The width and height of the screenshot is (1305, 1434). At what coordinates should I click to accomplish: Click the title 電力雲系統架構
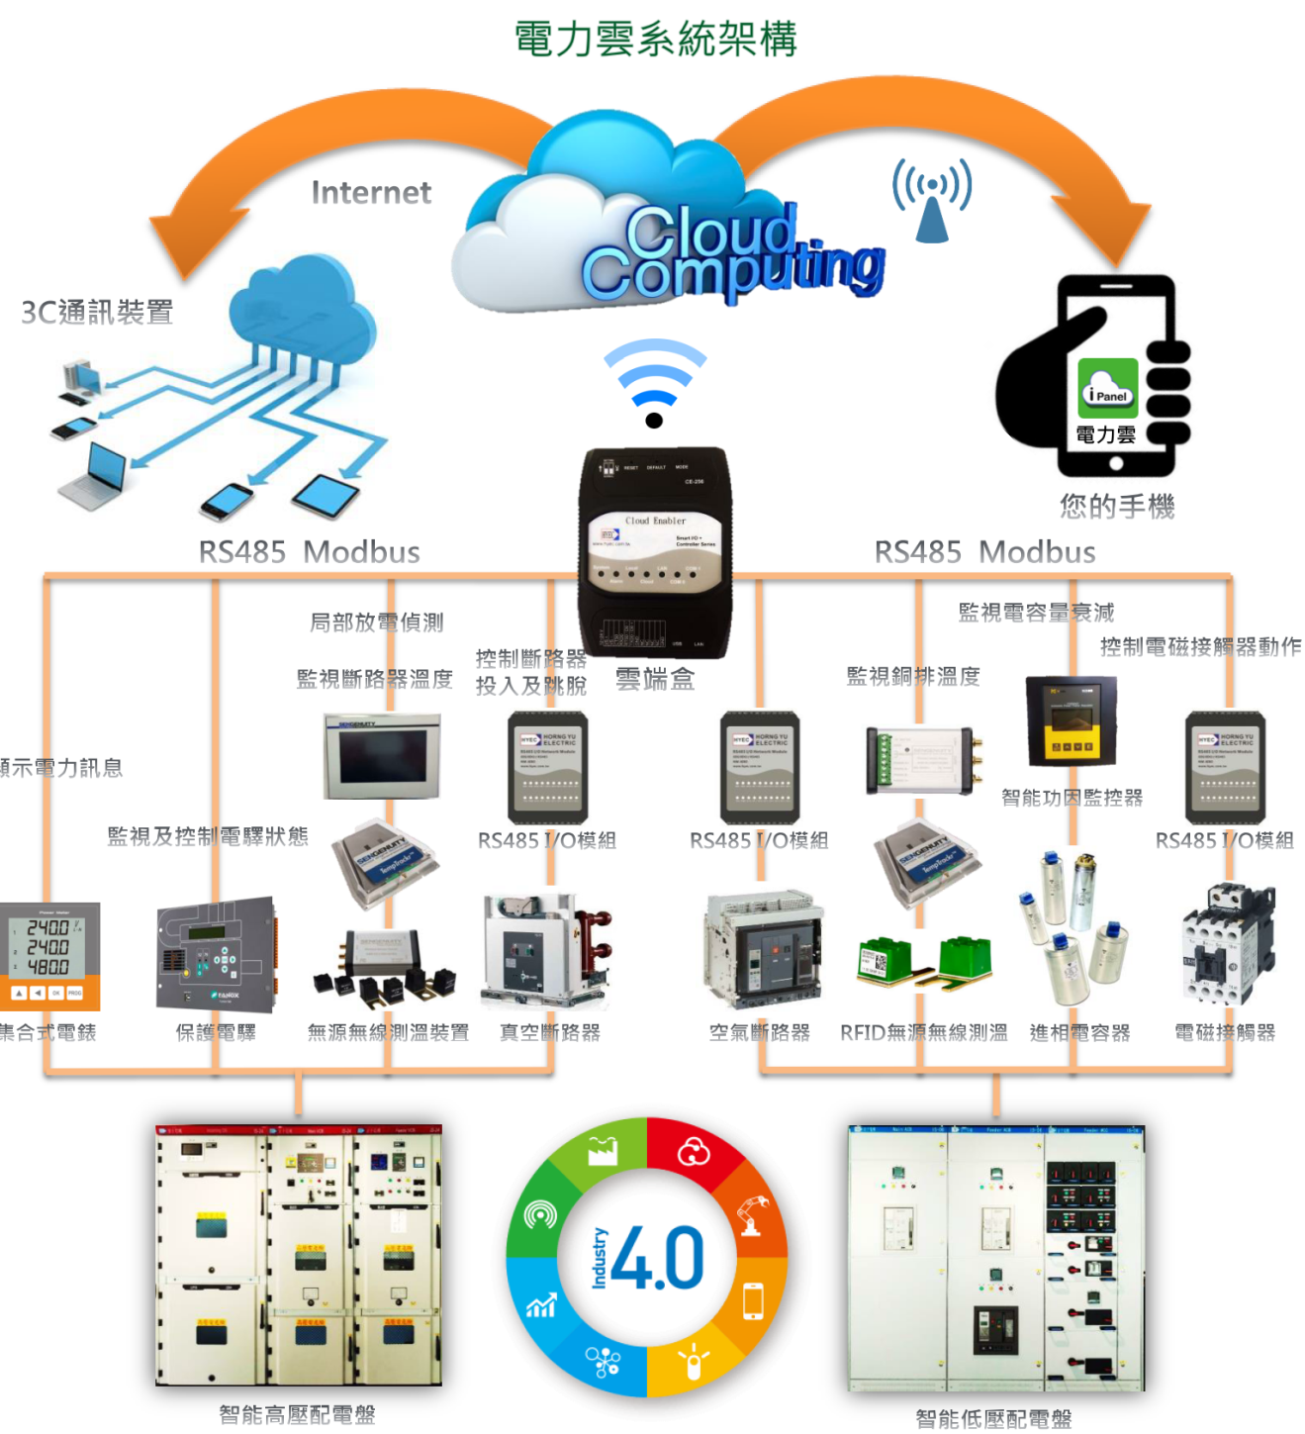point(655,40)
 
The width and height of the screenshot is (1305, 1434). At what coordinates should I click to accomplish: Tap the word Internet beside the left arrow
point(371,192)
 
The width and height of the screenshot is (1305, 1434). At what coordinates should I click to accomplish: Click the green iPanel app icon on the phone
point(1107,386)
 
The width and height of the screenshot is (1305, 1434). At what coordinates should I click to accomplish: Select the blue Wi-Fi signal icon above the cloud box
point(654,381)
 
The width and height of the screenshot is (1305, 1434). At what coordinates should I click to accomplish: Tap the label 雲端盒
point(655,679)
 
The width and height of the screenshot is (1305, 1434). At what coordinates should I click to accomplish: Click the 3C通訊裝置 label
point(97,313)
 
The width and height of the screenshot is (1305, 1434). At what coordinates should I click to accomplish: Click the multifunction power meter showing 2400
point(49,955)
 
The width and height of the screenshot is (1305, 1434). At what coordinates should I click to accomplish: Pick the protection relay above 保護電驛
point(216,954)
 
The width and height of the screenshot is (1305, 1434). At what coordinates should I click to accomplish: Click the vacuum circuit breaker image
point(547,951)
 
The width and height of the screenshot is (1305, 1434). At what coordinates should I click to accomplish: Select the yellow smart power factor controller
point(1071,721)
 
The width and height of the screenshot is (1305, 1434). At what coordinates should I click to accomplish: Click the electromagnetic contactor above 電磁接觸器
point(1227,946)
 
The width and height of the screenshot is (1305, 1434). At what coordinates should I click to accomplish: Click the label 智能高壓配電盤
point(297,1414)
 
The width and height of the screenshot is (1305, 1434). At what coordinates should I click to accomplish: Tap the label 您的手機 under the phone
point(1117,507)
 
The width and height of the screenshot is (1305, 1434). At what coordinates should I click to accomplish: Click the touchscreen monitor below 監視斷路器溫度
point(382,756)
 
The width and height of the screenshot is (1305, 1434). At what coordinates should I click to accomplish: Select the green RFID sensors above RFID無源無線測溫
point(924,961)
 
